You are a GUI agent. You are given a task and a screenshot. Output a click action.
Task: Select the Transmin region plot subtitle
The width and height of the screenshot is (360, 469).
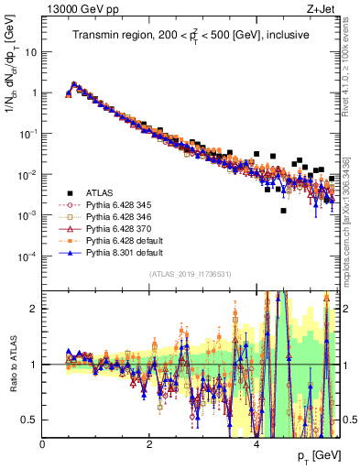tap(191, 35)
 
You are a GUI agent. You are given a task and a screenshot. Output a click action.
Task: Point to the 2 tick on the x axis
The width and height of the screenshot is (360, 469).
tap(149, 444)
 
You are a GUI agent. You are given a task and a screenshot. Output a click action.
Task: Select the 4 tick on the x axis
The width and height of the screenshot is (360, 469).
tap(256, 444)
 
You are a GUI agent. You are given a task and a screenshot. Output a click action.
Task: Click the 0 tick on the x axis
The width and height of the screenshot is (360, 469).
tap(43, 444)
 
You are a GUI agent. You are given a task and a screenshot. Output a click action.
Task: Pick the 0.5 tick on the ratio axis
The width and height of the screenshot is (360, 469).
tap(29, 420)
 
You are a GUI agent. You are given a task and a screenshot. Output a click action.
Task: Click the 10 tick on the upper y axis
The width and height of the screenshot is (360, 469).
tap(31, 51)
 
